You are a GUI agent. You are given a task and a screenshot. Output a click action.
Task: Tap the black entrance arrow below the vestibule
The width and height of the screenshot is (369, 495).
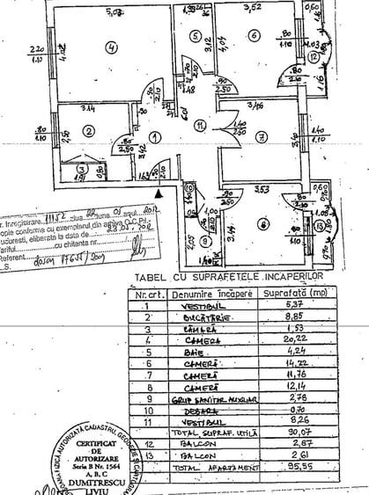tap(159, 188)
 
